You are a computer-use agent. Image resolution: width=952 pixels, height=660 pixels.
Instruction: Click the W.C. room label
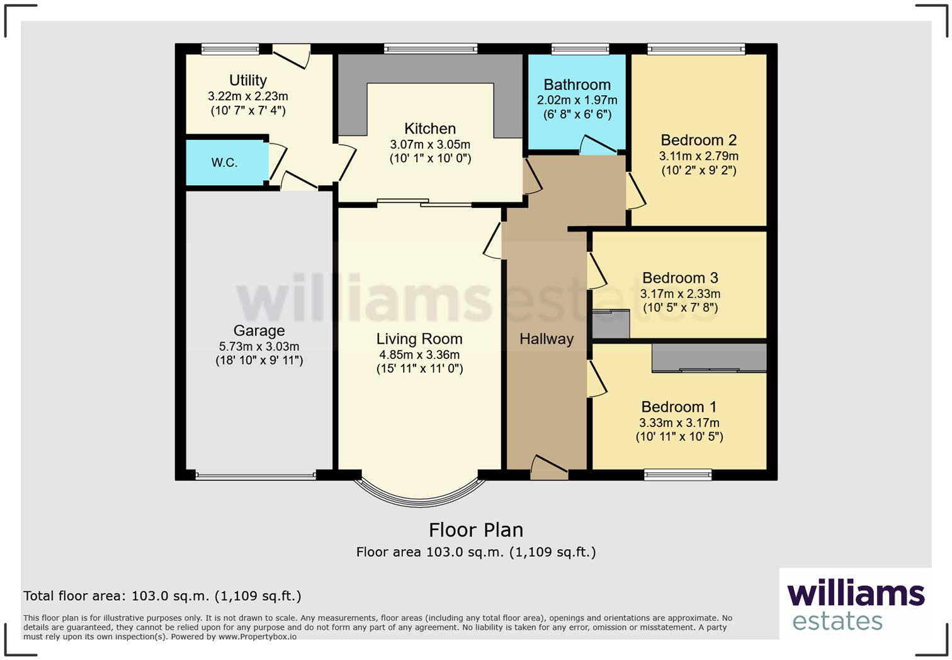(x=224, y=162)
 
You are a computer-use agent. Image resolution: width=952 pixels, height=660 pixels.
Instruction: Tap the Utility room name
(x=247, y=80)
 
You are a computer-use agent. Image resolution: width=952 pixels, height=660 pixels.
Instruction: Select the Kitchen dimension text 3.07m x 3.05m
(x=430, y=144)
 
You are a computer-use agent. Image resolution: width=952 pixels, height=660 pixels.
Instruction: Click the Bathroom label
(x=577, y=84)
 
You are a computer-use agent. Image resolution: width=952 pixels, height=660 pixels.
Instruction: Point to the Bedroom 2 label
(x=698, y=140)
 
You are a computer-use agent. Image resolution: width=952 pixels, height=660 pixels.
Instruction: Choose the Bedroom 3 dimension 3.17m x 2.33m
(x=680, y=293)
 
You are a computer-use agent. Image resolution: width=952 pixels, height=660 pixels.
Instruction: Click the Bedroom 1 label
(x=679, y=407)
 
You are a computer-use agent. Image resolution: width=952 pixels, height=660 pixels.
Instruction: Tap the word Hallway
(x=547, y=339)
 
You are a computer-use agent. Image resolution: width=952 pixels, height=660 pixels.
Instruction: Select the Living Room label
(x=419, y=339)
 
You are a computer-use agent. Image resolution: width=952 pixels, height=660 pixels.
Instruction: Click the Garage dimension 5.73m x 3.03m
(x=259, y=346)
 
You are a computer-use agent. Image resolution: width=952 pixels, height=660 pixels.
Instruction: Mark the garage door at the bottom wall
(x=256, y=476)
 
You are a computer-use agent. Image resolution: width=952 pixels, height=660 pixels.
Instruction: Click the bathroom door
(x=598, y=145)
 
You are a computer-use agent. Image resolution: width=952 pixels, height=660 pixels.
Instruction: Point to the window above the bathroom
(x=580, y=48)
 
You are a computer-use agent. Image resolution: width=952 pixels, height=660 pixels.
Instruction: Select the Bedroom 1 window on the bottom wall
(x=677, y=475)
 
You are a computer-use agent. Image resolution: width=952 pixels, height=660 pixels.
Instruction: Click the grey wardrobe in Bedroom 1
(x=709, y=358)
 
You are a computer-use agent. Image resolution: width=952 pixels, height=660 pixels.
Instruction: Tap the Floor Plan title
(x=476, y=530)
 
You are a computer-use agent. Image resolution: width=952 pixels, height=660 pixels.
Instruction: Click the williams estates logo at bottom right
(x=855, y=605)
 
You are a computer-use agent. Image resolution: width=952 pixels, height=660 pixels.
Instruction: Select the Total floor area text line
(x=162, y=596)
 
